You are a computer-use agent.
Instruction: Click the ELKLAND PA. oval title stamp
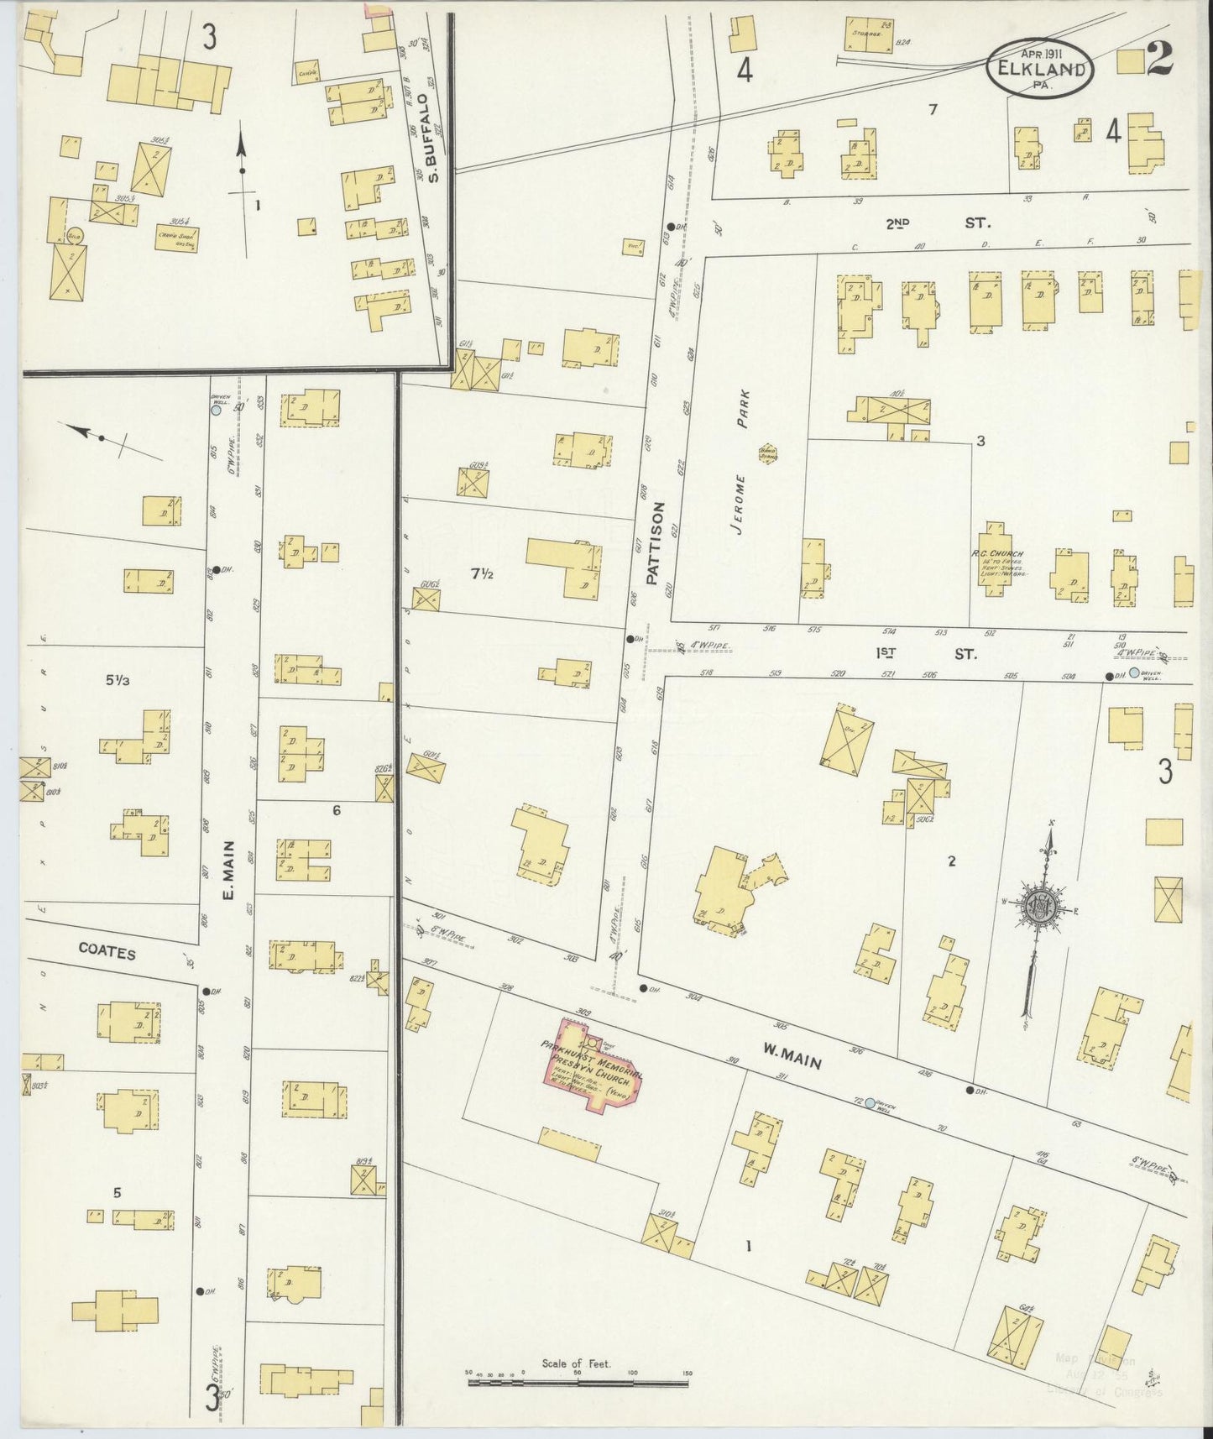1041,68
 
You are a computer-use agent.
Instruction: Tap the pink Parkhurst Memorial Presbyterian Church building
594,1065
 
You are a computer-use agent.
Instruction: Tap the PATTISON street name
655,542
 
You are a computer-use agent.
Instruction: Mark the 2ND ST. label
938,224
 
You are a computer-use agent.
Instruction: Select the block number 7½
480,573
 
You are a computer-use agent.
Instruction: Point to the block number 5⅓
118,681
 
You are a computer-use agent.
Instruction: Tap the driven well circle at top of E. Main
216,411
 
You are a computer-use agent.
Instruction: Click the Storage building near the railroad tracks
868,33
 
